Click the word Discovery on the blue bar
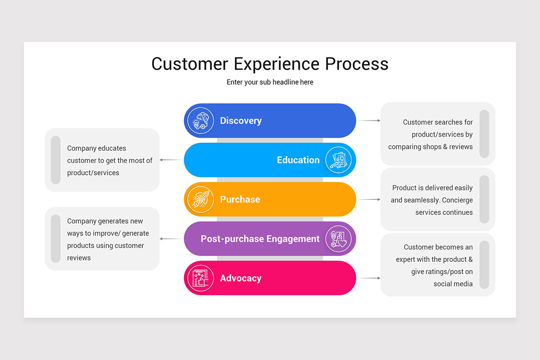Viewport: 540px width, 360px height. point(241,121)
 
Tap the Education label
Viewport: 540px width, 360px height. point(298,160)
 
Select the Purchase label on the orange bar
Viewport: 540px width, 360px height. point(240,199)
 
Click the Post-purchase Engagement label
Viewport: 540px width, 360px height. point(260,239)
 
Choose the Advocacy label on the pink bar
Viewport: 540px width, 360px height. point(240,278)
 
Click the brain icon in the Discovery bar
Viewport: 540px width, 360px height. point(201,121)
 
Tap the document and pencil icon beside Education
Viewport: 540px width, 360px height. point(339,160)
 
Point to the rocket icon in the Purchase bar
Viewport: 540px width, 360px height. point(201,199)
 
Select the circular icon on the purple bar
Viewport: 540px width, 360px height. point(339,239)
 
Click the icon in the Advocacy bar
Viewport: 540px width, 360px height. point(201,278)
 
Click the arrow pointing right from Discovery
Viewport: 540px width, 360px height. point(369,121)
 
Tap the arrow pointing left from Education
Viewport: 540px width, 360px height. point(171,160)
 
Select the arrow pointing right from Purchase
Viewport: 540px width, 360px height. point(369,199)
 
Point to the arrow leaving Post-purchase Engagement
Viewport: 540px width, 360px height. point(171,239)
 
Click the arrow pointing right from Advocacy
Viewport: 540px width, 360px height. point(369,278)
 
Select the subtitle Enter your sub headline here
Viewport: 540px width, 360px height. point(270,82)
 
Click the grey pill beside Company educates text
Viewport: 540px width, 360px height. point(56,160)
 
